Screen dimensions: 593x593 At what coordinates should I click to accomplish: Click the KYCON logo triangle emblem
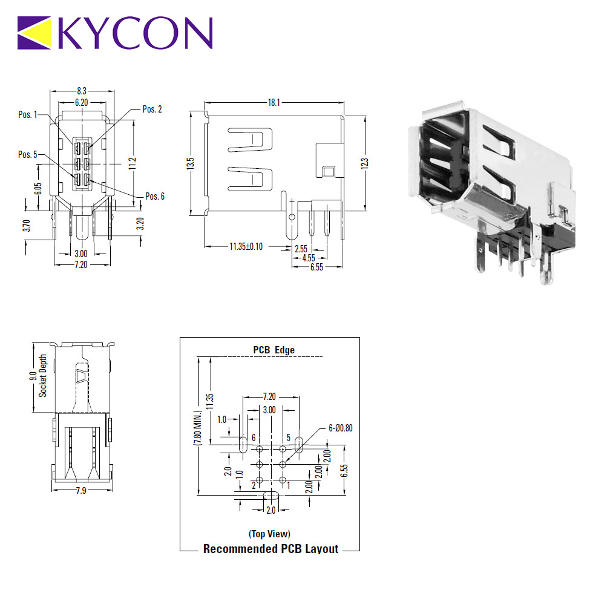34,33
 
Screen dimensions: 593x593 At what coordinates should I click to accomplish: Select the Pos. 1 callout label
28,114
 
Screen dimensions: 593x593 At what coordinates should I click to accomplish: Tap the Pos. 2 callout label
152,110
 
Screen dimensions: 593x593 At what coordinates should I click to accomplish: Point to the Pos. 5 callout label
28,154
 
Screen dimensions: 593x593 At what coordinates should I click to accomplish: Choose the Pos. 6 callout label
155,196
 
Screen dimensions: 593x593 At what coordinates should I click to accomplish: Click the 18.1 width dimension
274,102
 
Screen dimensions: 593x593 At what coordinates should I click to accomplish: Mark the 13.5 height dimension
190,163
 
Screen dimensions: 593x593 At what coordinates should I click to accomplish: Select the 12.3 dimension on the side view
364,163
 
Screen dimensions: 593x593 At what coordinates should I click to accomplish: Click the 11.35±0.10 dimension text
246,247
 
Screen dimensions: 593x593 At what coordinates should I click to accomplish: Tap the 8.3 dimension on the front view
82,91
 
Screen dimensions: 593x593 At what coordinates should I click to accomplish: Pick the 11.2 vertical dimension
132,163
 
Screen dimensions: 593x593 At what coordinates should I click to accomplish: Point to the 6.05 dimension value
38,189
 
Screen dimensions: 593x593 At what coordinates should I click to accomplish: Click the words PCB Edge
274,350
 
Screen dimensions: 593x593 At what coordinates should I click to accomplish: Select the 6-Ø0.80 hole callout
340,428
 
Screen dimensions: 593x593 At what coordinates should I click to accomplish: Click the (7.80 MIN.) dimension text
197,428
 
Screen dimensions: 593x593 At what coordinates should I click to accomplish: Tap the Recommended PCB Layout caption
271,549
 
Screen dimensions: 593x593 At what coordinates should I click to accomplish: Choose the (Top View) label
269,534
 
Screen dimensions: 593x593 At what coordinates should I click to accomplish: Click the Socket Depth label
43,376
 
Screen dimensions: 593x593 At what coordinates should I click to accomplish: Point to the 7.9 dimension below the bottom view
81,491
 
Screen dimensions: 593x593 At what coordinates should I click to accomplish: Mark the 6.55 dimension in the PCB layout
344,471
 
